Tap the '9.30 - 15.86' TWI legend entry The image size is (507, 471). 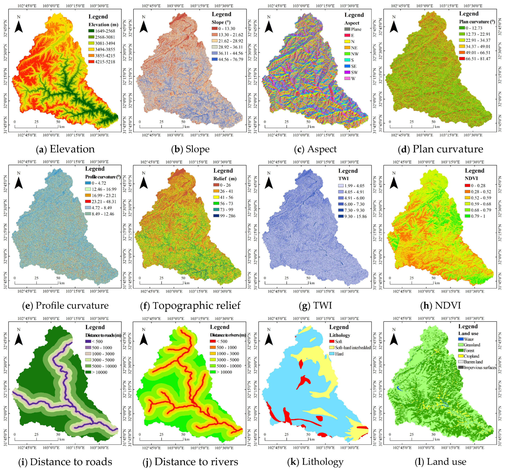pos(352,216)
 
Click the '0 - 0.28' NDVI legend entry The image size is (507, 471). pos(475,185)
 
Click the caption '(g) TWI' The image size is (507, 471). pos(315,305)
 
